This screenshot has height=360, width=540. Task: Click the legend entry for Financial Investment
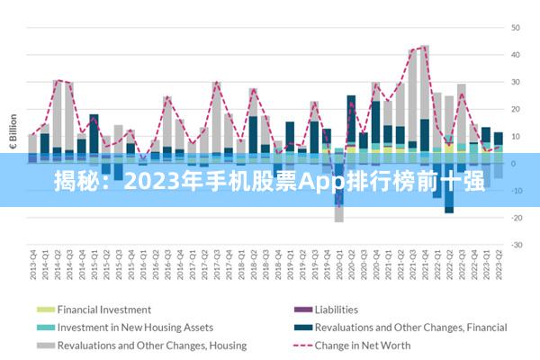tap(103, 310)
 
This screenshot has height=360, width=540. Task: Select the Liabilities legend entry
tap(336, 310)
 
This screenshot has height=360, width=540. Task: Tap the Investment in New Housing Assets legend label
tap(135, 328)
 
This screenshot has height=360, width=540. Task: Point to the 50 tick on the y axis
tap(517, 28)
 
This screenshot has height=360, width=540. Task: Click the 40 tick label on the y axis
tap(517, 55)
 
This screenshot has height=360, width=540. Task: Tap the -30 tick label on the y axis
tap(517, 245)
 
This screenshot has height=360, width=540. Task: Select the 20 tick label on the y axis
tap(517, 109)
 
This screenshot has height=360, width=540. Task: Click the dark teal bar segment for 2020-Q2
tap(351, 117)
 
